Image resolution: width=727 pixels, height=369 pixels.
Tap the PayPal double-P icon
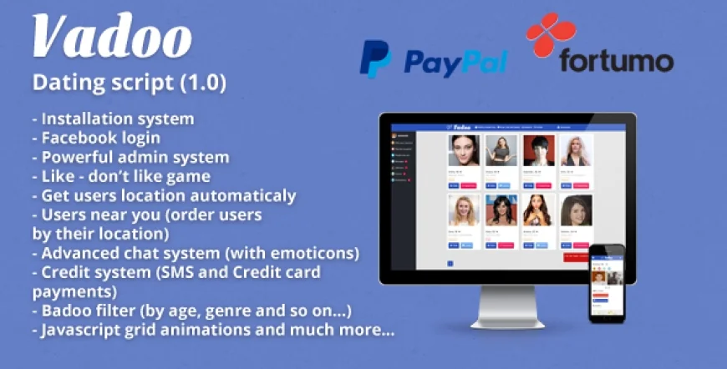coord(375,60)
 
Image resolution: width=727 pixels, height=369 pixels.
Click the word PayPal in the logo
coord(455,62)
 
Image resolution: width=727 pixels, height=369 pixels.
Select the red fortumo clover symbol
coord(552,34)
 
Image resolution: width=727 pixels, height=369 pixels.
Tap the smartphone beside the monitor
coord(607,284)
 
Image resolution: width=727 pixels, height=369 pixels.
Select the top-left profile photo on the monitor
coord(463,151)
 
